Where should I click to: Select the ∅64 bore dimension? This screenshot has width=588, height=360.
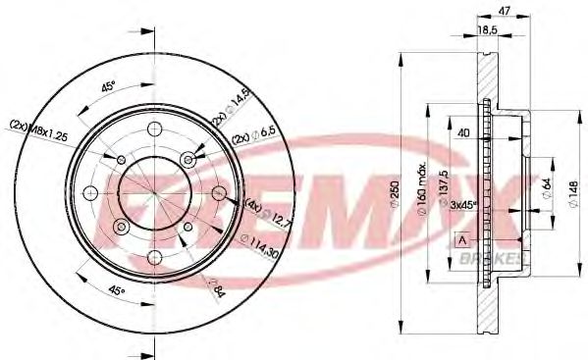[546, 183]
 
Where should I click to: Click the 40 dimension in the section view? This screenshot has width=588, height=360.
[460, 134]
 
